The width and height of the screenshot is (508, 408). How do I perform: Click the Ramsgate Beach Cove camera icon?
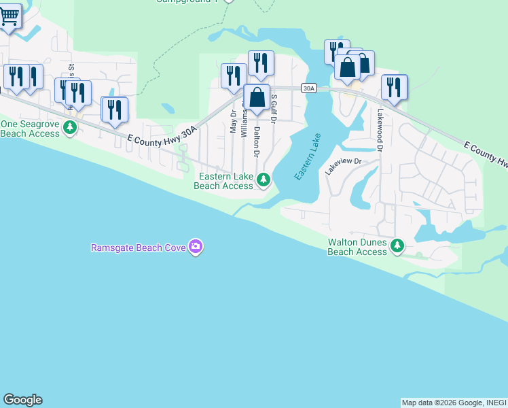click(196, 247)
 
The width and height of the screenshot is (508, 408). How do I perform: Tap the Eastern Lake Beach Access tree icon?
click(264, 180)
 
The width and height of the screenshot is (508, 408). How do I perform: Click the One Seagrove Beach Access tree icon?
click(69, 128)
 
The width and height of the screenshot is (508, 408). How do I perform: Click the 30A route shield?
click(309, 88)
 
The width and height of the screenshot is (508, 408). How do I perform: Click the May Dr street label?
click(232, 122)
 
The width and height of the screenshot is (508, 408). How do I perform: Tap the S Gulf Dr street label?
click(274, 109)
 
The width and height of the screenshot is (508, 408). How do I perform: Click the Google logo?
click(22, 400)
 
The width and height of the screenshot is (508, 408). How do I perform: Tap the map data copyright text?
click(454, 403)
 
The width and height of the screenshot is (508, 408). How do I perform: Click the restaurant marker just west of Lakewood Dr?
click(394, 86)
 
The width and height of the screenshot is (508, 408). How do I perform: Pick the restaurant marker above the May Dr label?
click(234, 75)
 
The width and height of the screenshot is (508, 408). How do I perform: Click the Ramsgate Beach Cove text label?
click(139, 247)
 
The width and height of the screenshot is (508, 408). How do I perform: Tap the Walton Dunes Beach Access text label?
click(357, 247)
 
